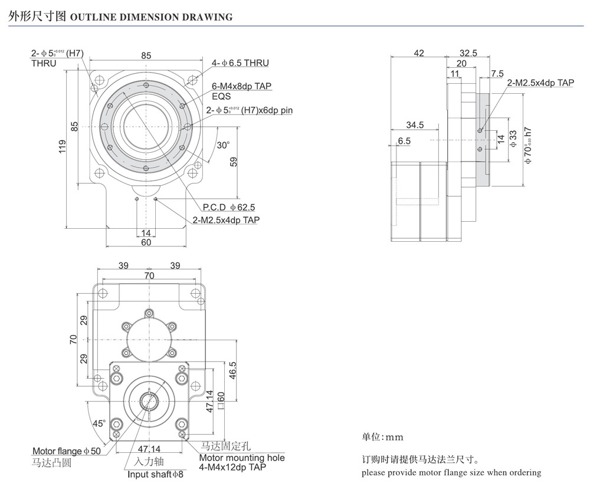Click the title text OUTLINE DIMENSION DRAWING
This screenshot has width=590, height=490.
151,17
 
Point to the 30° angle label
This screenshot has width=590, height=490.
222,145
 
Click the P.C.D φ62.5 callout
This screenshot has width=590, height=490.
229,207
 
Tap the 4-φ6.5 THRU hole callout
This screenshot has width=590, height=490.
240,63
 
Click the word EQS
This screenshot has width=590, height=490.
221,96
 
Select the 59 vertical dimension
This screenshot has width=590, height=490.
233,162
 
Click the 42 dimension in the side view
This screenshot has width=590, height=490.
419,53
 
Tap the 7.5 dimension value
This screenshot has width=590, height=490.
497,74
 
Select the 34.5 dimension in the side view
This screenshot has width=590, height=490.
415,124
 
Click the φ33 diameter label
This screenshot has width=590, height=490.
513,139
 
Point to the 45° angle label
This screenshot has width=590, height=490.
99,423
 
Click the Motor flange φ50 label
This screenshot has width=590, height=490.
67,451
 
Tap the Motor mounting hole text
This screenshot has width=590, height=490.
242,458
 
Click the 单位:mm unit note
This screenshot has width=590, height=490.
382,438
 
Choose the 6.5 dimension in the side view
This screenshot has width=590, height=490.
404,141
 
